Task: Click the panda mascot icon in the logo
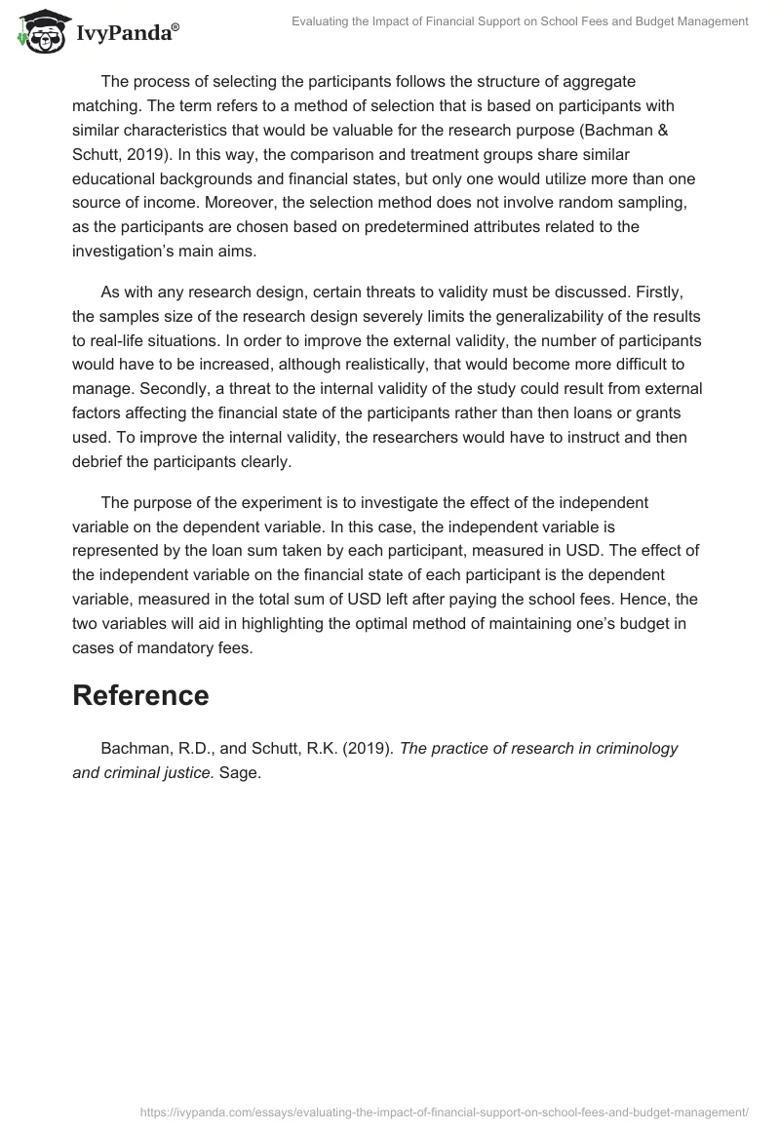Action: (37, 32)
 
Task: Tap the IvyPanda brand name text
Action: (123, 34)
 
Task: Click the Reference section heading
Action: (140, 695)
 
